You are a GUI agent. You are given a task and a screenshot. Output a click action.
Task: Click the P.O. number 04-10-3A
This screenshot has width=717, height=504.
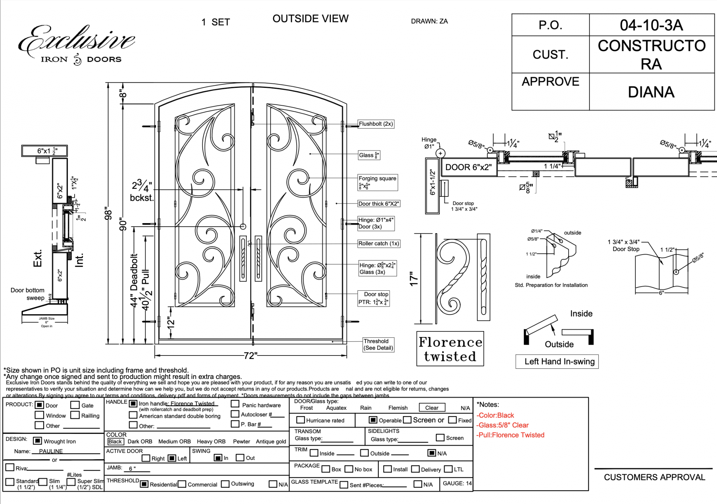point(651,25)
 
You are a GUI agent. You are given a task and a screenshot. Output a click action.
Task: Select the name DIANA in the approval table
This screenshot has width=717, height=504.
point(651,92)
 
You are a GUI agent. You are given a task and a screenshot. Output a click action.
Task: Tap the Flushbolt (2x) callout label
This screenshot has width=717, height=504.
point(376,124)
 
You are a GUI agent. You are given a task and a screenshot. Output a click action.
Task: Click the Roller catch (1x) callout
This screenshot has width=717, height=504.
point(378,243)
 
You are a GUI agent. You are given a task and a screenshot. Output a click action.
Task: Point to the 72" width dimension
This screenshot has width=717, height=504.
point(250,356)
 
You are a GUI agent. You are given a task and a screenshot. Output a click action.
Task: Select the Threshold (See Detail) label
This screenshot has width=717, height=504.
point(378,345)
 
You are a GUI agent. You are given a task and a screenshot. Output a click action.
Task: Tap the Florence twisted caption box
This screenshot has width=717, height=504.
point(450,349)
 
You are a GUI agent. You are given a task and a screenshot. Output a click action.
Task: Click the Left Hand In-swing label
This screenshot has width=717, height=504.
point(559,361)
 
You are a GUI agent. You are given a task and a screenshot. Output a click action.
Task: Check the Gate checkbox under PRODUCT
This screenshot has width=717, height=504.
point(75,405)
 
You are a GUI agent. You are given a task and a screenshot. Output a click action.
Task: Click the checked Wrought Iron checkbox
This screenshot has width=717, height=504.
point(37,441)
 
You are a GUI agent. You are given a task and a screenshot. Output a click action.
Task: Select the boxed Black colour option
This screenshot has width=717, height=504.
point(115,442)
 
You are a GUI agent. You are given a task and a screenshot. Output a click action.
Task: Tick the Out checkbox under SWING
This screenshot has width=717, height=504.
point(240,458)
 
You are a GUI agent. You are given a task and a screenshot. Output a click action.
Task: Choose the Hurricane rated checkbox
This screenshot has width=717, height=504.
point(300,420)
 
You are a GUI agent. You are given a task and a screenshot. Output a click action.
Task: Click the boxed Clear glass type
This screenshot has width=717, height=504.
point(432,408)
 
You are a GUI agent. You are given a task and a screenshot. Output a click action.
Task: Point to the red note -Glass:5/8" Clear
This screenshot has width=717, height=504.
point(502,425)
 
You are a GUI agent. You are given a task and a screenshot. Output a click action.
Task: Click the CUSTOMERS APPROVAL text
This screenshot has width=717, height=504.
point(654,477)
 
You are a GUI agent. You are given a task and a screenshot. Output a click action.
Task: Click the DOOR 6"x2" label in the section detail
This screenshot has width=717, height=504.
point(468,167)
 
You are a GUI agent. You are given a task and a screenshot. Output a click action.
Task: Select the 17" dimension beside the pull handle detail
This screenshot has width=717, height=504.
point(414,279)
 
